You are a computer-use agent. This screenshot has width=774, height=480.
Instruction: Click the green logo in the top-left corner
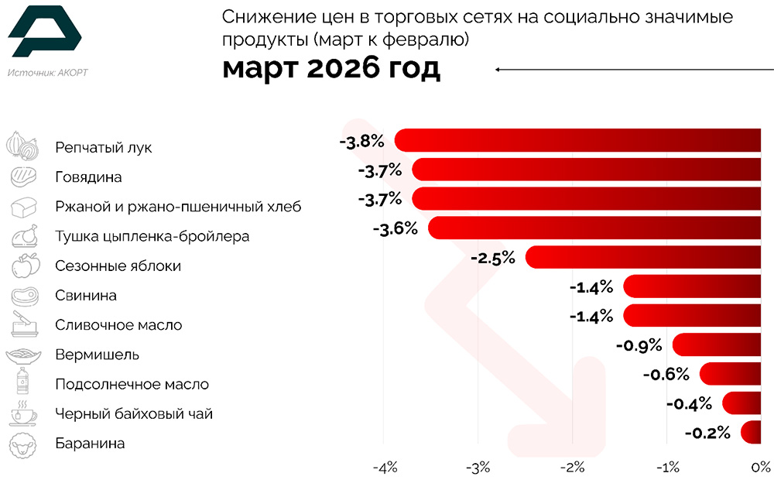point(44,34)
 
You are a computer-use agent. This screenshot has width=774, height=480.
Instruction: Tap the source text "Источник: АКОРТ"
point(47,74)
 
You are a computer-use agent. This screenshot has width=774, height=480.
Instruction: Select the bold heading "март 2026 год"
point(331,68)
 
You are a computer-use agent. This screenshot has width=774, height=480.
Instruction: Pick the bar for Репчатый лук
point(577,140)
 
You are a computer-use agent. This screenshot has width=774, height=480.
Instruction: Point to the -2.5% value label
point(492,258)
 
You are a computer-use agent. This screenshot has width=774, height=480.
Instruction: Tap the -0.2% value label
point(707,433)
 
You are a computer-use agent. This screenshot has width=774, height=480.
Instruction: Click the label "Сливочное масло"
point(118,325)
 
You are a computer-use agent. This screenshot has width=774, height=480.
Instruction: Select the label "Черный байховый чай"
point(133,414)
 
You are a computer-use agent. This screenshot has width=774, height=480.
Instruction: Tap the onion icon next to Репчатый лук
point(22,146)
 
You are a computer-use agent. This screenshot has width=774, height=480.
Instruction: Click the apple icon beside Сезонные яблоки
point(24,265)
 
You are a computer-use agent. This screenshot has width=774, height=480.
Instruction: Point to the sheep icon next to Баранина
point(23,444)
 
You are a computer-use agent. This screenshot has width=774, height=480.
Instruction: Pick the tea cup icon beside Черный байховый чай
point(23,414)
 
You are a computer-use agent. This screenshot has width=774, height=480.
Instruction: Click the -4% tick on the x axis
point(385,468)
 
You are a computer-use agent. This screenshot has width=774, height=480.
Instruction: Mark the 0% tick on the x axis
point(760,468)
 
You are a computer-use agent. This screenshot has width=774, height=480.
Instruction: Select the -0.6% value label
point(666,375)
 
